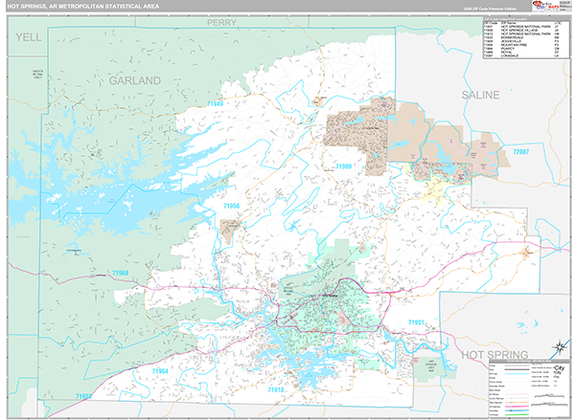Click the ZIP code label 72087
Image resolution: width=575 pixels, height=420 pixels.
(520, 152)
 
